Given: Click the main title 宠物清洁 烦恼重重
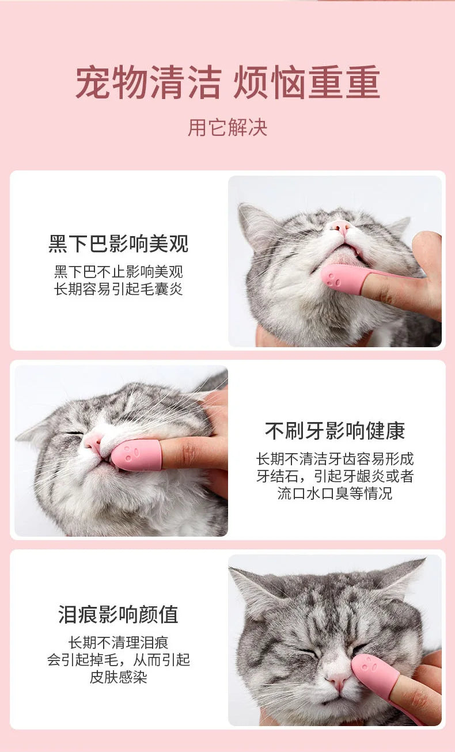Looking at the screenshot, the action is pyautogui.click(x=227, y=82).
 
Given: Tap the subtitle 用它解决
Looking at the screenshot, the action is pyautogui.click(x=227, y=128).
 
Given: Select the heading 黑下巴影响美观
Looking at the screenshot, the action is pyautogui.click(x=119, y=244).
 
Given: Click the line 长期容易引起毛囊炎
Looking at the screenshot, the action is pyautogui.click(x=119, y=289).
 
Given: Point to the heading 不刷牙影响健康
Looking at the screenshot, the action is pyautogui.click(x=335, y=431).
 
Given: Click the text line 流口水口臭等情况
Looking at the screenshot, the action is pyautogui.click(x=335, y=493).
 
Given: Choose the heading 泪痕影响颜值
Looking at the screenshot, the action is pyautogui.click(x=118, y=614).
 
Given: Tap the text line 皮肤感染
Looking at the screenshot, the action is pyautogui.click(x=118, y=677).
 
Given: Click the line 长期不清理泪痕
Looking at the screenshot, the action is pyautogui.click(x=118, y=643).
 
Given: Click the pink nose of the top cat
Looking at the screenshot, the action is pyautogui.click(x=341, y=228).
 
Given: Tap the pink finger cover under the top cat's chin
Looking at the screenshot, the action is pyautogui.click(x=343, y=279).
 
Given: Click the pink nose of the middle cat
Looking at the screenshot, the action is pyautogui.click(x=93, y=441).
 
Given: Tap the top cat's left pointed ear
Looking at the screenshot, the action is pyautogui.click(x=255, y=223).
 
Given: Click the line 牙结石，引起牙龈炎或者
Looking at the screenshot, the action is pyautogui.click(x=335, y=476).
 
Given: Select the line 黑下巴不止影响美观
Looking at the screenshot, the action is pyautogui.click(x=119, y=272).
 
